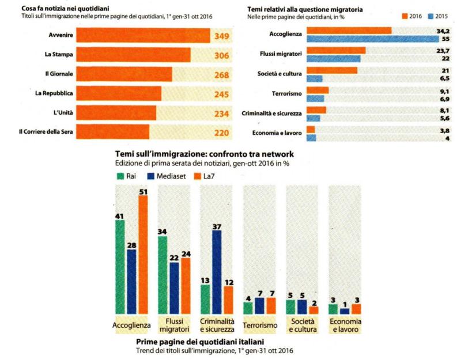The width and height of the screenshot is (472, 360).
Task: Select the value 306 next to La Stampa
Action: point(221,55)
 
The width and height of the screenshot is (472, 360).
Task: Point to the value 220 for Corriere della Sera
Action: point(221,133)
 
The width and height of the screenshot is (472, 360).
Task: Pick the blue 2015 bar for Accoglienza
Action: point(373,39)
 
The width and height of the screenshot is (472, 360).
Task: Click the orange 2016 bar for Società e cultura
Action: point(331,70)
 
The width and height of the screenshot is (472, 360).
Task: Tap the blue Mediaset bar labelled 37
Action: point(217,271)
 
